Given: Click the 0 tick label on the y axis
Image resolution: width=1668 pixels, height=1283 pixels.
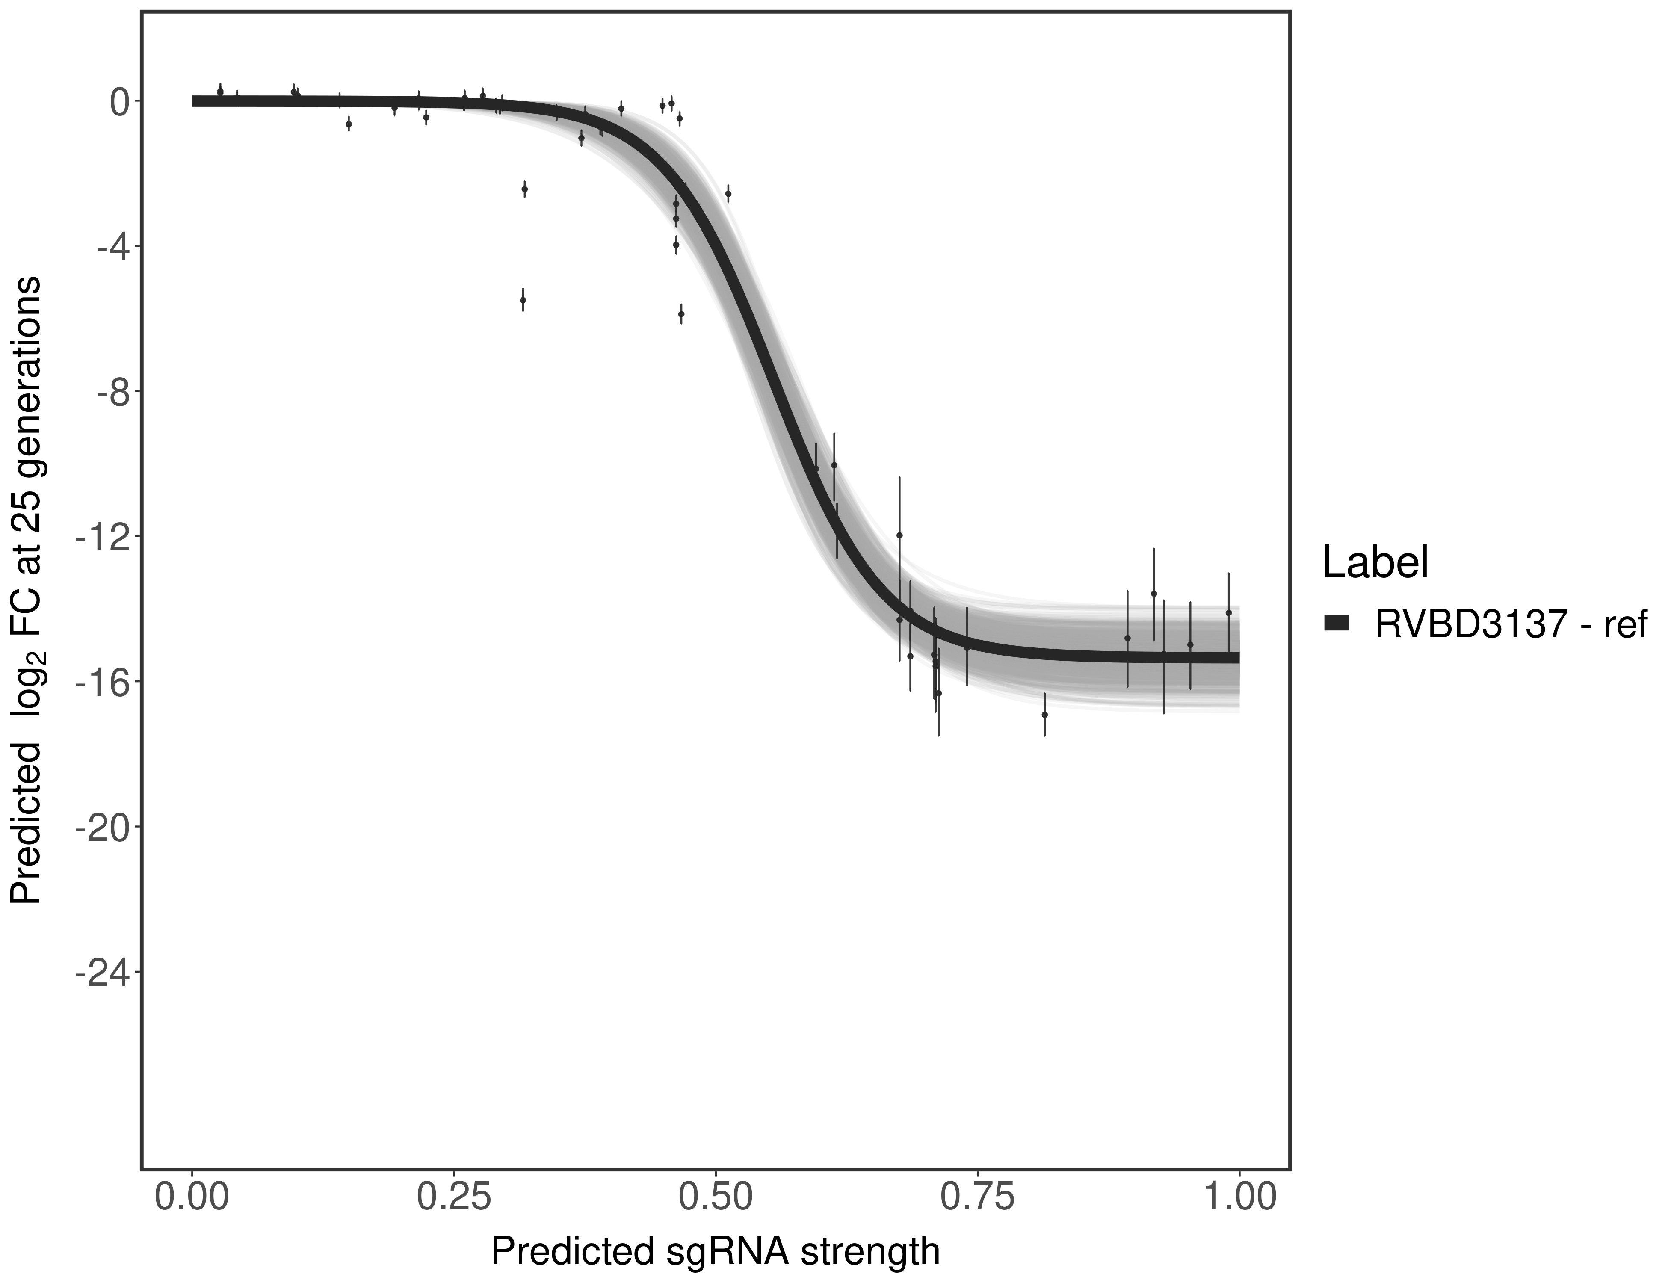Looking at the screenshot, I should [x=119, y=102].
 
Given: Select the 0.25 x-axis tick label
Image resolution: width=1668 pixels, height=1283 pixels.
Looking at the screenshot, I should [x=454, y=1197].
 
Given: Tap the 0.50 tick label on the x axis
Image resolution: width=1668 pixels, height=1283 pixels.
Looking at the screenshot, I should [x=716, y=1197].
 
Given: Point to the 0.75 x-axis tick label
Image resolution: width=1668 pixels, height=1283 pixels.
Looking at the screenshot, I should [x=978, y=1197].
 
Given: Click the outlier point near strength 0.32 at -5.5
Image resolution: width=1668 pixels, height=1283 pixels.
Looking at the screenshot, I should [x=523, y=300].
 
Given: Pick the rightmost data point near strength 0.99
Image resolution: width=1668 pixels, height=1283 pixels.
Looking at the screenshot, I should [x=1228, y=612].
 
